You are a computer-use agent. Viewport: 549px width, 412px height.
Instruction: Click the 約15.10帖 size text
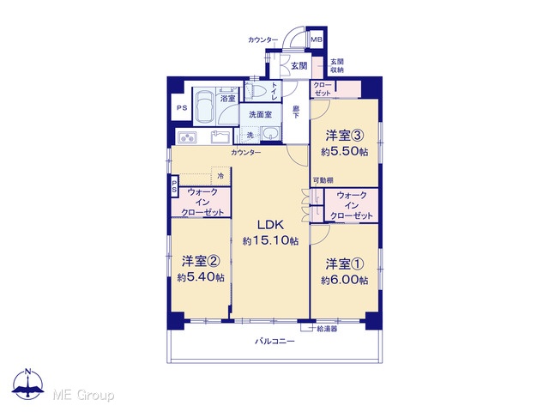[x=271, y=240]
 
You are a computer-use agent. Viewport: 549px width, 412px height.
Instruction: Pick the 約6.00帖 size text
[x=345, y=281]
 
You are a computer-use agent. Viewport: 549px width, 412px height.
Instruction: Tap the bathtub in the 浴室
[x=203, y=106]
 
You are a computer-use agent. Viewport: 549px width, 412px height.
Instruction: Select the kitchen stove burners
[x=187, y=137]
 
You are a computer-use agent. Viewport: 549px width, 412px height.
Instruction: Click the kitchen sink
[x=220, y=136]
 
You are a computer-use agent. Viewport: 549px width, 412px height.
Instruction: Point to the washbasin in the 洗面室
[x=271, y=134]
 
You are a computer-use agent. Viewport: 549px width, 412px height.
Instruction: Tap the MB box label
[x=317, y=40]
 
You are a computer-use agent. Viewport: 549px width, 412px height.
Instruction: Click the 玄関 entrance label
[x=299, y=65]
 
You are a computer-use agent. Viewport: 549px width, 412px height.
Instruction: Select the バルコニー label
[x=274, y=341]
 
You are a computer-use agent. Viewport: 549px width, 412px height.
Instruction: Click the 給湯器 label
[x=327, y=329]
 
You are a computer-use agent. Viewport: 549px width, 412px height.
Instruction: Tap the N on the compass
[x=28, y=372]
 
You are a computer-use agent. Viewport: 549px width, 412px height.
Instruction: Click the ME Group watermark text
[x=83, y=395]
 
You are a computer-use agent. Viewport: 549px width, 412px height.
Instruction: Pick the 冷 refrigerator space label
[x=221, y=176]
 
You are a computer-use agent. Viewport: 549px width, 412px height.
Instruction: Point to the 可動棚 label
[x=323, y=180]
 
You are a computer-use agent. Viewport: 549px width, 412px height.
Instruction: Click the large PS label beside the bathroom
[x=182, y=108]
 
